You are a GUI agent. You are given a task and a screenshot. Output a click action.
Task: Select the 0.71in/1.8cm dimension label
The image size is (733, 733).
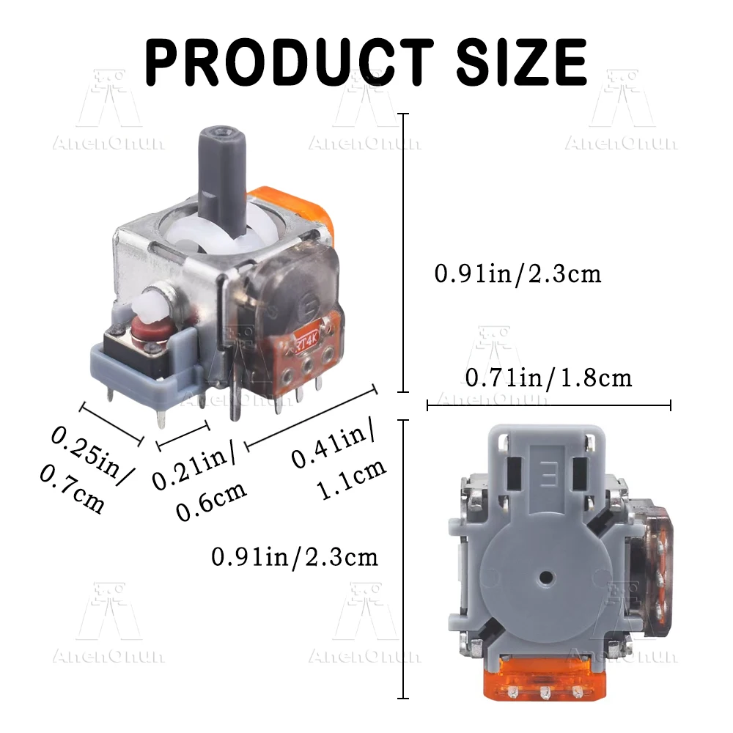[x=548, y=377]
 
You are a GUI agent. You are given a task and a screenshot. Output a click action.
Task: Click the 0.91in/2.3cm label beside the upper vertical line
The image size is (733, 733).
[x=517, y=273]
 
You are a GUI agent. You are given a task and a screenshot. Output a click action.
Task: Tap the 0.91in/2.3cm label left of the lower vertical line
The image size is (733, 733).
[x=295, y=557]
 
